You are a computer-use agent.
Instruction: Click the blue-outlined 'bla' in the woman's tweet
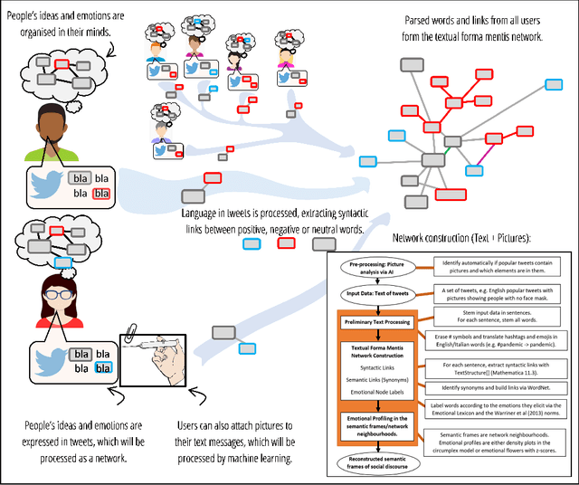tap(104, 367)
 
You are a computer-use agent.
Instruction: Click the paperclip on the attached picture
tap(134, 338)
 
